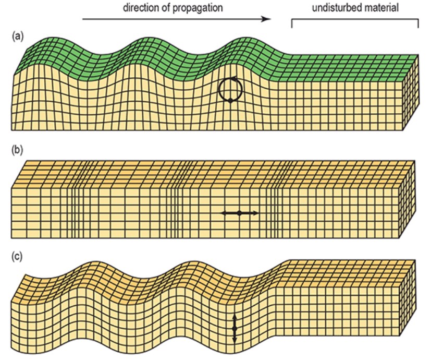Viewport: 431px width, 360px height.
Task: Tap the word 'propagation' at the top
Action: [x=198, y=8]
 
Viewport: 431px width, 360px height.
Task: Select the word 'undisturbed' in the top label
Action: [x=334, y=7]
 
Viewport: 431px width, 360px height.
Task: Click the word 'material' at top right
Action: [x=379, y=7]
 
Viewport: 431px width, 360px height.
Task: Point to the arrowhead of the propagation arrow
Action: [x=266, y=19]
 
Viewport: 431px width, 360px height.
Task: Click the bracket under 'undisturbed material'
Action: [x=355, y=19]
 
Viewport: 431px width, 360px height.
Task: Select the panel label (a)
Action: [x=18, y=36]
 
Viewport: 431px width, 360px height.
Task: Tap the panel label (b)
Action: [x=18, y=150]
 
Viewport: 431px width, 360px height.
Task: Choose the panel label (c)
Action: [x=17, y=256]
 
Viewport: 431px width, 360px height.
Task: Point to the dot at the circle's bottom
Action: [x=231, y=101]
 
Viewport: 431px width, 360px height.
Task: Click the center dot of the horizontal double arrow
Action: [x=239, y=213]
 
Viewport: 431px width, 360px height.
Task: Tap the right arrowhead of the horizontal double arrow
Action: [x=255, y=213]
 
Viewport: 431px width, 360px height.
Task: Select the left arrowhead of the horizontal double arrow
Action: [x=225, y=213]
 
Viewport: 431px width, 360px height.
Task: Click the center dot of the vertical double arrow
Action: [x=235, y=329]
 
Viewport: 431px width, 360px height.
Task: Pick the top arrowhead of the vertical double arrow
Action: [x=235, y=318]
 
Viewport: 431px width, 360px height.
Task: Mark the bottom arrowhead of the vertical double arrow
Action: [x=235, y=341]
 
